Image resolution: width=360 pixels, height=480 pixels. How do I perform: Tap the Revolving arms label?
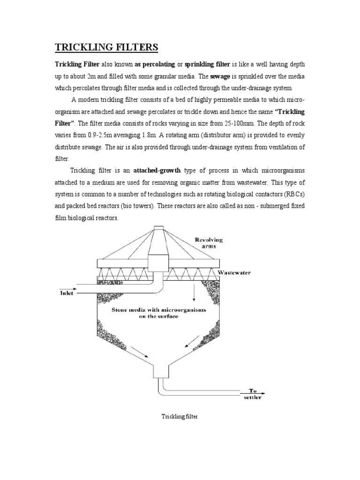click(209, 243)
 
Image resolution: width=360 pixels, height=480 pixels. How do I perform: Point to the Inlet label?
click(67, 294)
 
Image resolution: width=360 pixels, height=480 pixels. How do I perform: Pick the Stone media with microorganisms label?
click(159, 313)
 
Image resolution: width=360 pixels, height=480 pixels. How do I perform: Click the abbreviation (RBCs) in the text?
click(293, 194)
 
